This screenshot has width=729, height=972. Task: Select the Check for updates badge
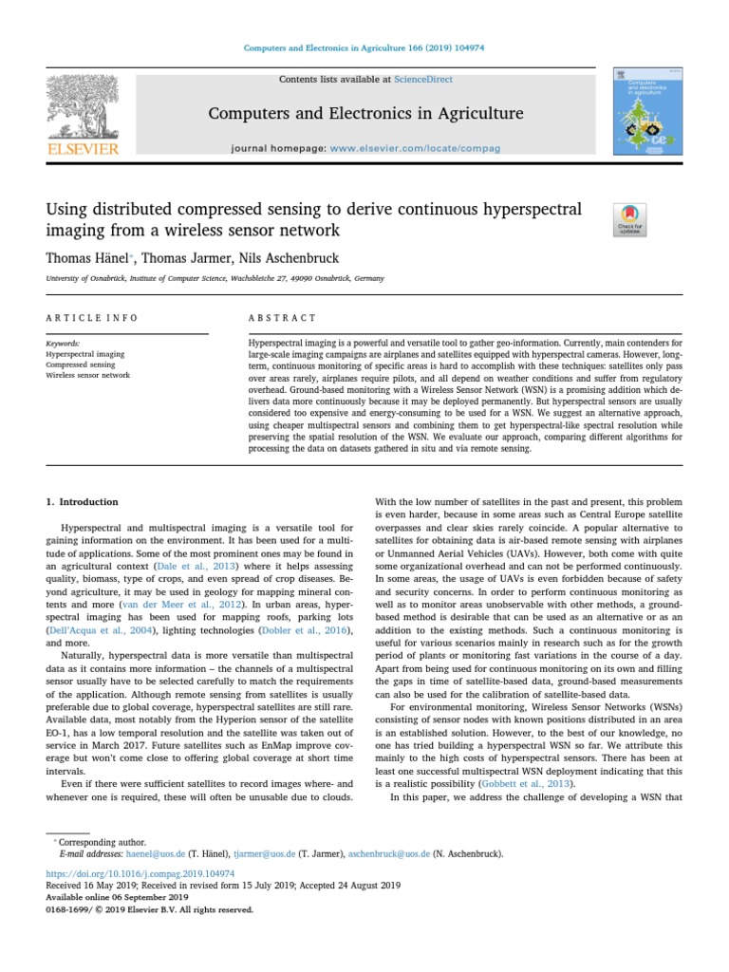coord(631,219)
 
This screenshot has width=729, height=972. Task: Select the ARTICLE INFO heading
coord(92,318)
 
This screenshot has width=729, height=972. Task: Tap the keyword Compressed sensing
coord(81,364)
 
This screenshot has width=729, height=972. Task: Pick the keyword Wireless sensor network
coord(88,374)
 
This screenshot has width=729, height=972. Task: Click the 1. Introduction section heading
coord(83,502)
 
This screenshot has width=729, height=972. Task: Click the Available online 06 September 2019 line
coord(117,897)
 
